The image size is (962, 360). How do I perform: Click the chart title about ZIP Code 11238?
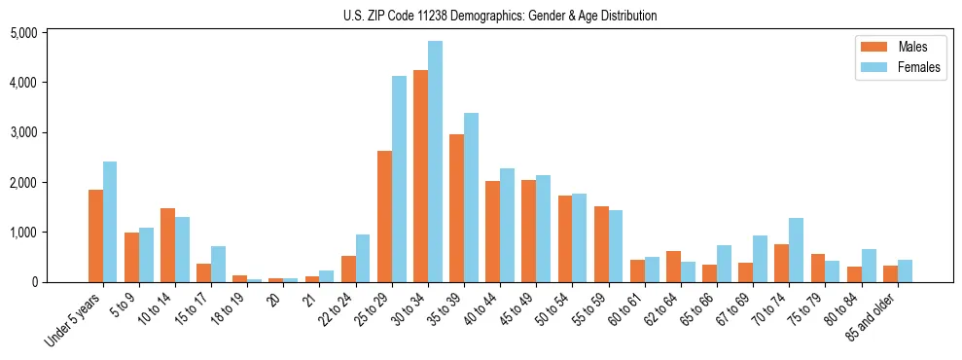500,16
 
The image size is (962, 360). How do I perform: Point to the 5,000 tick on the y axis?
23,33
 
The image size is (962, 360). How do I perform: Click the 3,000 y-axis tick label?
23,132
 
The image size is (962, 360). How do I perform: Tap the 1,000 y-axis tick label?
23,233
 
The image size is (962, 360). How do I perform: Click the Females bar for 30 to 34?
435,162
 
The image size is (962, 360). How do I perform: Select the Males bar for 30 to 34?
420,176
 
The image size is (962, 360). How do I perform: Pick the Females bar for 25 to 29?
399,179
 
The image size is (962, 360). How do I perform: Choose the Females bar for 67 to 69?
760,259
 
